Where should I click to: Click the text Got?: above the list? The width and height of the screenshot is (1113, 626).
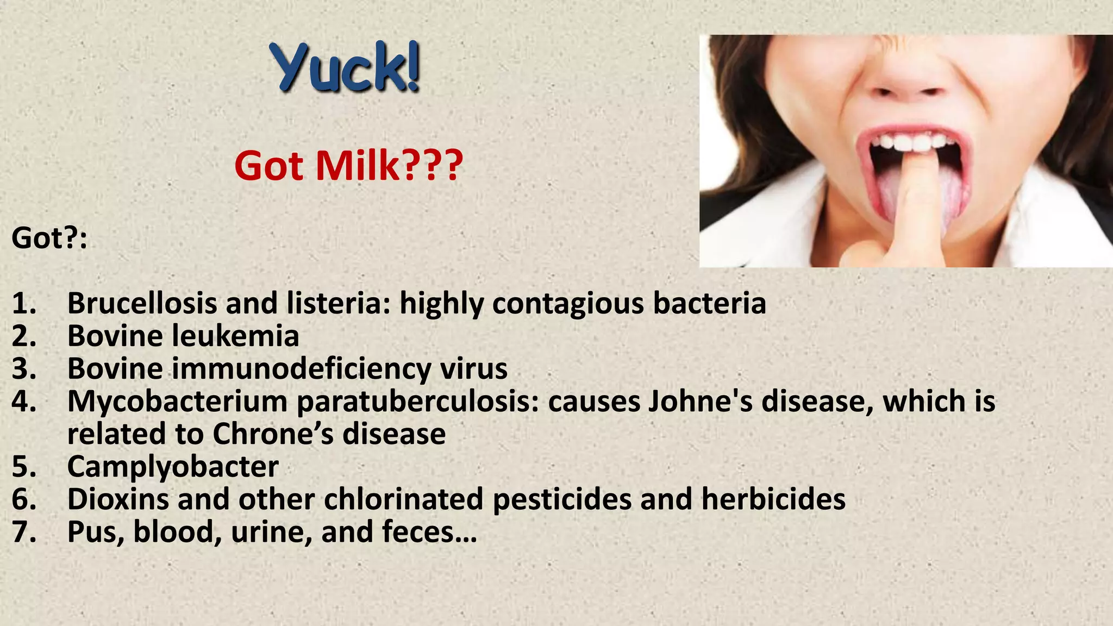click(x=49, y=238)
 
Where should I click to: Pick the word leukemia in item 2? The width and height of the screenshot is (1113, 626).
click(x=236, y=336)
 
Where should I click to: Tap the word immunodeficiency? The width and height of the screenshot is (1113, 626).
click(x=302, y=369)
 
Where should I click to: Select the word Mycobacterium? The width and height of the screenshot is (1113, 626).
click(x=178, y=402)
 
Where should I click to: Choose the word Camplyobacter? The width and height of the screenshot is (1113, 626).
click(x=173, y=467)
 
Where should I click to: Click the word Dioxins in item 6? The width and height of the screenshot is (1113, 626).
click(x=118, y=499)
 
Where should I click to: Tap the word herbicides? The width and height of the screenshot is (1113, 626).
click(x=773, y=499)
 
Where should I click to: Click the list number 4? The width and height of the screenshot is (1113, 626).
click(x=24, y=402)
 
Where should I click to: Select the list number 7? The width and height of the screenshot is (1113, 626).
click(x=24, y=531)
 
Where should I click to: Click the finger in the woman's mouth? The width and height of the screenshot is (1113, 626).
click(x=915, y=201)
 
